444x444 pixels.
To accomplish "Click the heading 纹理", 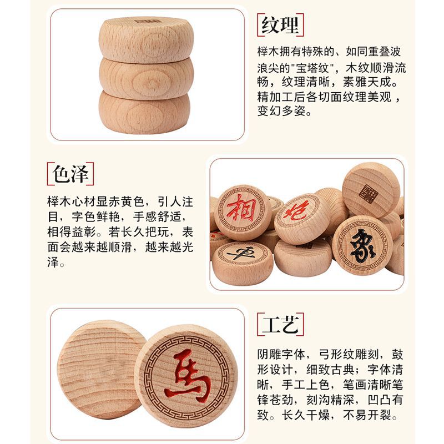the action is (280, 25).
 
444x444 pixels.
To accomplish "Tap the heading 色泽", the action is (70, 174).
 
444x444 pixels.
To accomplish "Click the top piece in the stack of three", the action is (147, 39).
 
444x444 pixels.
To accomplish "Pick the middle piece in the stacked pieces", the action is (147, 78).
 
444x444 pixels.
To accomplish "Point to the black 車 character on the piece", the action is (241, 254).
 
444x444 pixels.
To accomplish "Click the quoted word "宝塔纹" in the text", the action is (311, 68).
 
